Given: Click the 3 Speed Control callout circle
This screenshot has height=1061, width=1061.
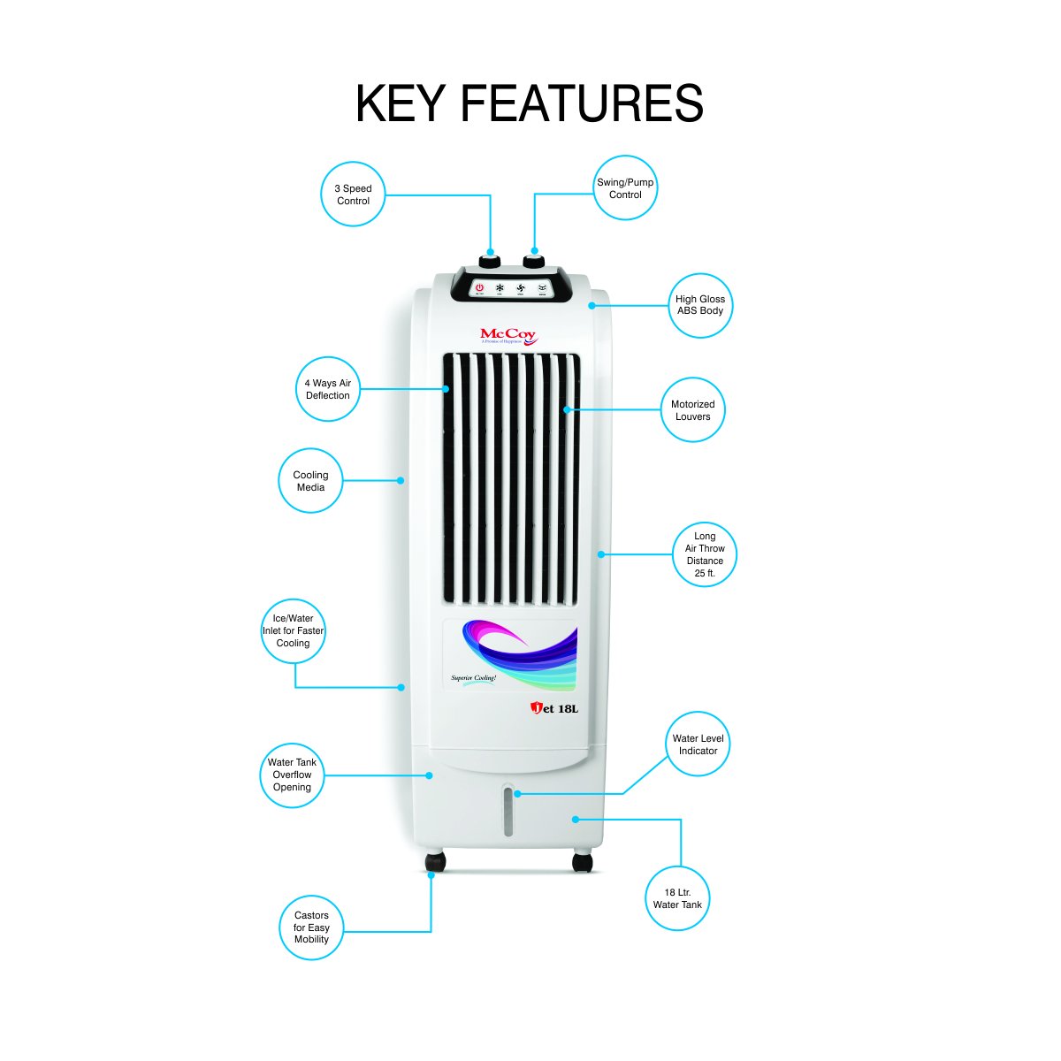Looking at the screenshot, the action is tap(353, 195).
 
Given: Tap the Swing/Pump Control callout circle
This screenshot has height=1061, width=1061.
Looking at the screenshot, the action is tap(625, 188).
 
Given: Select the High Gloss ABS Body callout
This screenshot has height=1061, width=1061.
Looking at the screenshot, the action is tap(700, 305).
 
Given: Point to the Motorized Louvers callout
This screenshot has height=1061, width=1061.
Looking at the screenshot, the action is tap(693, 410).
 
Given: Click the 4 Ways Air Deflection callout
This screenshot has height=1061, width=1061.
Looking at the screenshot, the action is tap(328, 389).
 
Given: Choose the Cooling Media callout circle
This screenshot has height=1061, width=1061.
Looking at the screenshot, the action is tap(310, 481).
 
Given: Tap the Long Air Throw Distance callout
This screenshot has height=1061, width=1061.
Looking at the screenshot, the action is tap(705, 554).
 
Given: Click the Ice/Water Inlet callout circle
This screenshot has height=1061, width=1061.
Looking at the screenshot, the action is tap(294, 631).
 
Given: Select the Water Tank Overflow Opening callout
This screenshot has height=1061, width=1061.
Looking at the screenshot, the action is tap(292, 775).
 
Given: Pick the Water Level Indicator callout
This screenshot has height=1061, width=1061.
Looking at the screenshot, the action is tap(698, 744).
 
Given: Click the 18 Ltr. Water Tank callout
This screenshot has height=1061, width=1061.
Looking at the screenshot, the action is tap(677, 898).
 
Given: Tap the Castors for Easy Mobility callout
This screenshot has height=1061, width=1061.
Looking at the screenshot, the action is tap(311, 927).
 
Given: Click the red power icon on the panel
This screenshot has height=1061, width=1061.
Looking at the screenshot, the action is tap(479, 288).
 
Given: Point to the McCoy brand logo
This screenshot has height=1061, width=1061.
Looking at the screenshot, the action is tap(508, 336).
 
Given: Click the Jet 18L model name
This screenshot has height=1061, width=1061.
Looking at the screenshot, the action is tap(554, 708).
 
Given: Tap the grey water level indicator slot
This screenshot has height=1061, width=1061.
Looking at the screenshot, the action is tap(508, 812).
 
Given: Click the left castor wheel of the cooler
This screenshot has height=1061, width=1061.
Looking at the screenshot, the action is tap(435, 862).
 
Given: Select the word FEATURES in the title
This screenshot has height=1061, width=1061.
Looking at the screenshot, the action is tap(581, 104).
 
